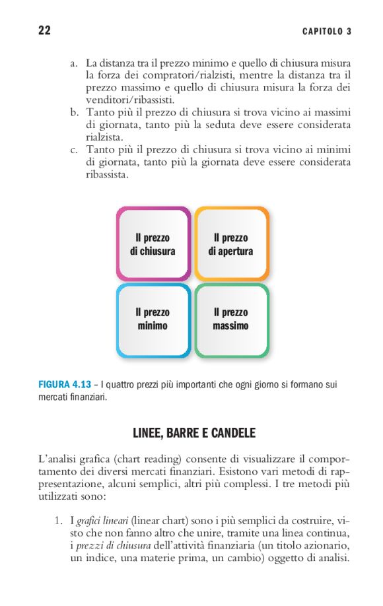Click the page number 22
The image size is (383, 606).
point(44,31)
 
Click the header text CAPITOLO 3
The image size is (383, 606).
point(327,32)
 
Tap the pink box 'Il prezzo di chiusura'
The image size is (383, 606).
point(153,244)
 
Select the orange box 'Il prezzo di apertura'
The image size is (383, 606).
point(230,244)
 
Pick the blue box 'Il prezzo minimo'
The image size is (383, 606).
point(153,319)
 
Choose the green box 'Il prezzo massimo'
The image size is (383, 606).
point(230,319)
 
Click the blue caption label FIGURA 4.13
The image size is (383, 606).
point(64,384)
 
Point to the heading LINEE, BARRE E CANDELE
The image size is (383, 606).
point(194,434)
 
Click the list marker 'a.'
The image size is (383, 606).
point(75,63)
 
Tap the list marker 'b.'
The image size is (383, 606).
point(75,113)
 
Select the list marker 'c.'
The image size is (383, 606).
point(75,150)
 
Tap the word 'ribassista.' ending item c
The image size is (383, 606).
point(108,175)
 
